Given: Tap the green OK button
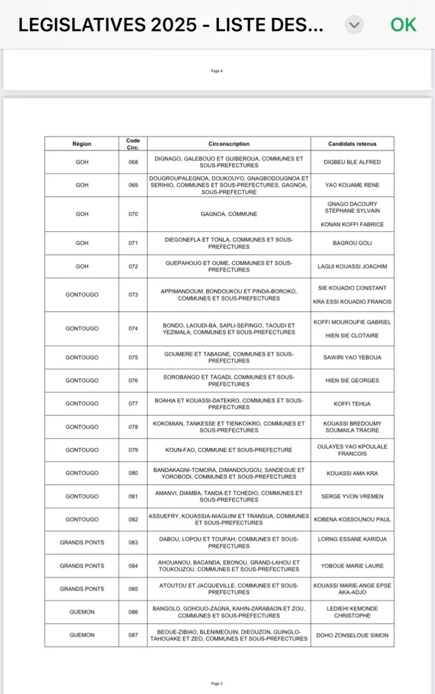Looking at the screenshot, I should (403, 25).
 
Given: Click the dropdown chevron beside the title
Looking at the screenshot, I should (354, 25).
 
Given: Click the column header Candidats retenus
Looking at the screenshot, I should (352, 144).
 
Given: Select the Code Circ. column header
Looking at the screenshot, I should (133, 144).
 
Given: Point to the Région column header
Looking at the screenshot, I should (82, 144).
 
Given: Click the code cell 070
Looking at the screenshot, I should (133, 214).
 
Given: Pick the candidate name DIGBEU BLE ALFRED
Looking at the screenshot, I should (352, 162).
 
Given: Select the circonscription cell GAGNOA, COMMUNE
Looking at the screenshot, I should (229, 214).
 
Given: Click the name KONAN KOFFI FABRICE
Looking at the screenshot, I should (352, 224).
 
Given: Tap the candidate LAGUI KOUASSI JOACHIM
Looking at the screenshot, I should (352, 267).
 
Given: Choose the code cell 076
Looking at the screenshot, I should (133, 380).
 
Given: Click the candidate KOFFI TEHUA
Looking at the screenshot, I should (352, 404).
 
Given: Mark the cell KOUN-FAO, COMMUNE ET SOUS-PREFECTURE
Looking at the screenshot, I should (229, 450).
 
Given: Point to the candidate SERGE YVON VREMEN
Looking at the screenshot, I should (352, 496).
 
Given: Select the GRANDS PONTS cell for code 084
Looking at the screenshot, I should (82, 566).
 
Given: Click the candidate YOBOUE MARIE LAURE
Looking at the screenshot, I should (352, 566).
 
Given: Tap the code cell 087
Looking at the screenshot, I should (133, 635).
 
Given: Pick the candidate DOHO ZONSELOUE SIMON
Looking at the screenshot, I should (352, 635).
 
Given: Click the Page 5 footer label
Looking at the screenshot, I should (217, 683).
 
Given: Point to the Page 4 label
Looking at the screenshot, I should (217, 71).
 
